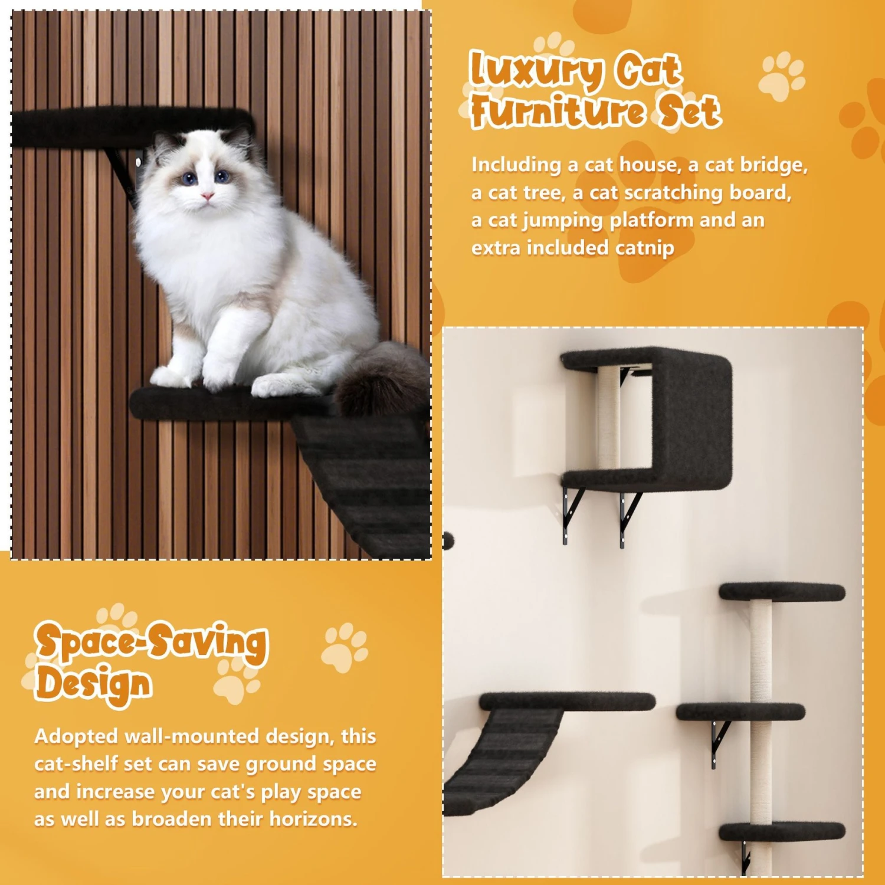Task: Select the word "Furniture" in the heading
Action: coord(557,112)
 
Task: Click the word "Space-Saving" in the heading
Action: coord(151,642)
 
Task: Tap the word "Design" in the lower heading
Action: coord(94,684)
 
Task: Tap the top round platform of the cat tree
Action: coord(782,592)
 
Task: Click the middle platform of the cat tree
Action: coord(740,712)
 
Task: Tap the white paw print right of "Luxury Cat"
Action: coord(781,76)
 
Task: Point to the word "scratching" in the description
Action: coord(673,193)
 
